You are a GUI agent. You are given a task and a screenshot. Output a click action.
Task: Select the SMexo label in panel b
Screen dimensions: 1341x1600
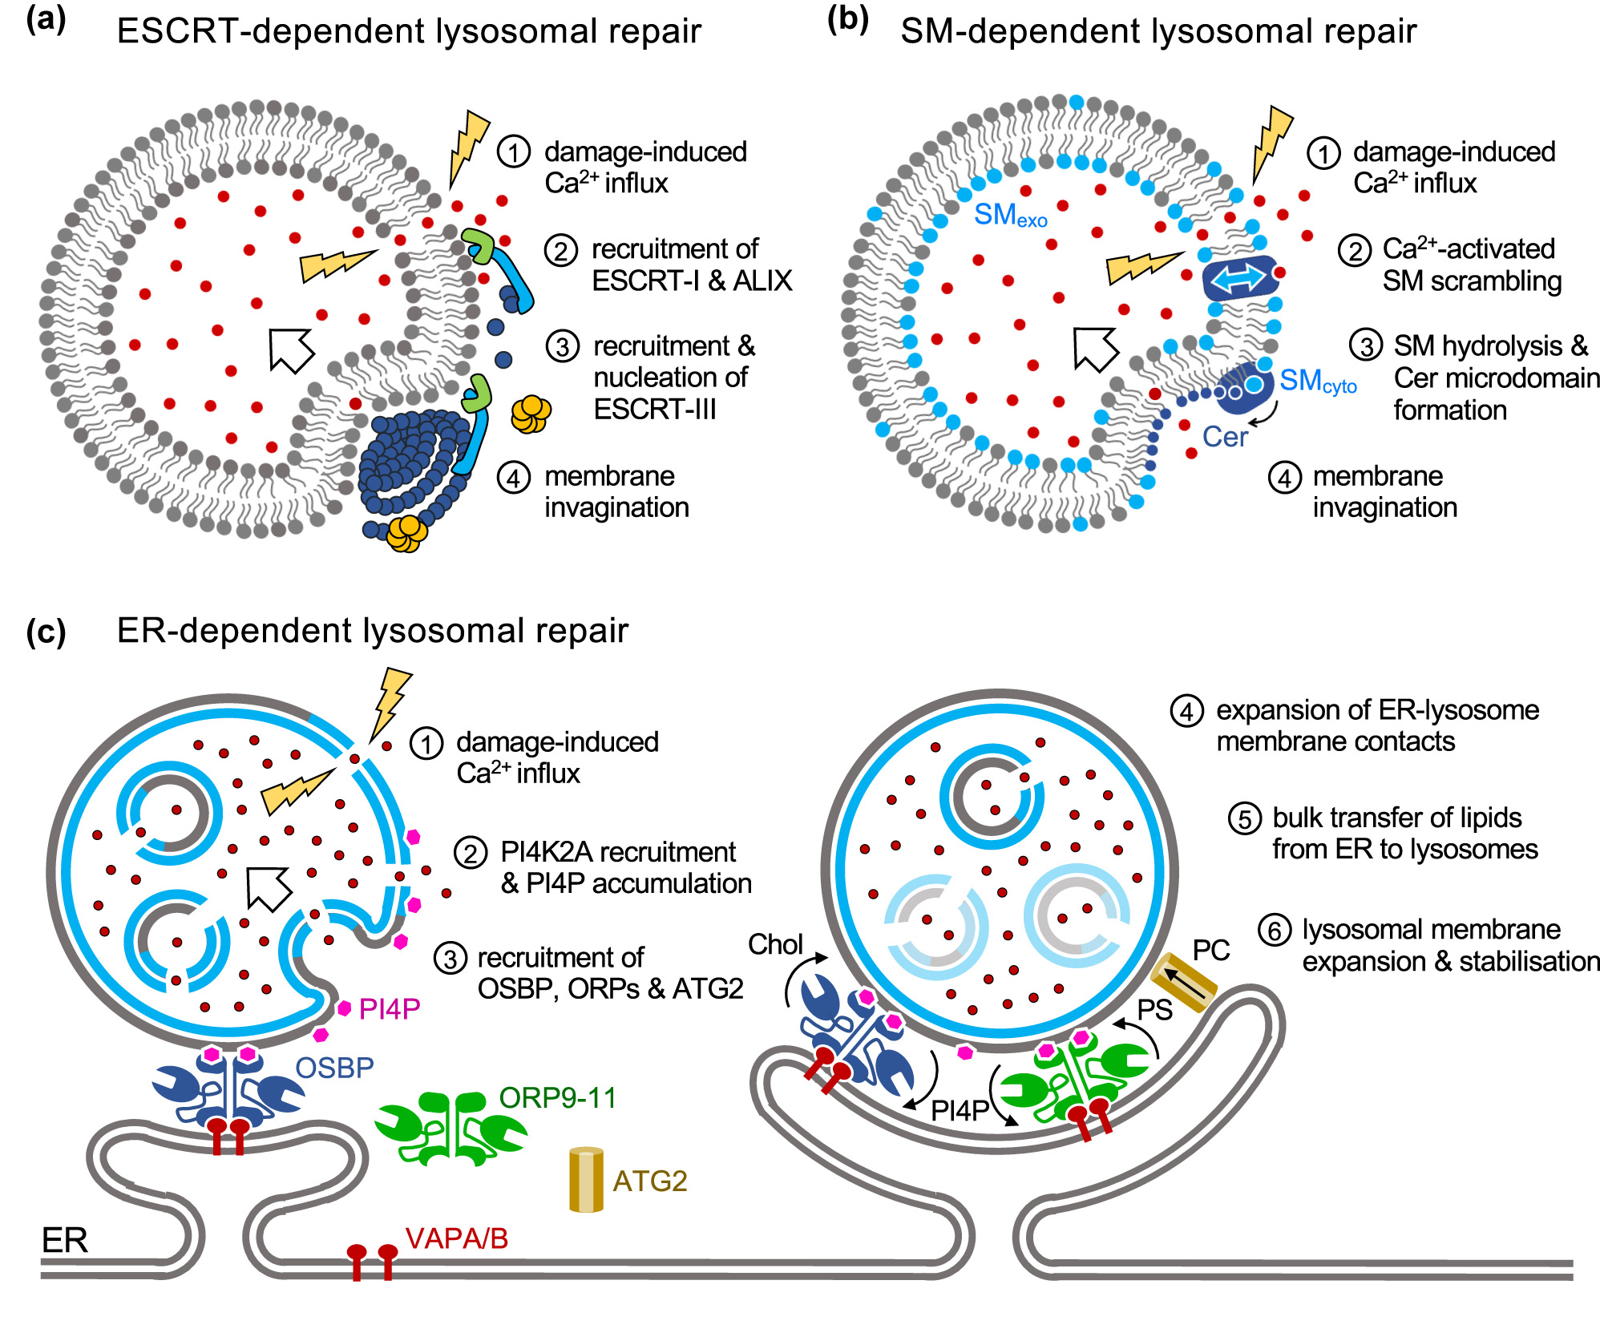tap(1010, 216)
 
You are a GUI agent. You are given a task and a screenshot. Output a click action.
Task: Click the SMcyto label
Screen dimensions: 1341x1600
tap(1317, 382)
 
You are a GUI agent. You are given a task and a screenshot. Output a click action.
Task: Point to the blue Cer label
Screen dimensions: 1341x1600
tap(1224, 437)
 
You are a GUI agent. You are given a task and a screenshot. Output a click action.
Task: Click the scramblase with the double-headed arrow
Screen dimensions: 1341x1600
tap(1239, 279)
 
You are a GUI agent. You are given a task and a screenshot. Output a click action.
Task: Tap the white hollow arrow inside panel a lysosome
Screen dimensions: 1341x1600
tap(291, 349)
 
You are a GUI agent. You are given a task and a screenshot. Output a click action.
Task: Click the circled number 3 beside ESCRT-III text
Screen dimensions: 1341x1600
tap(562, 346)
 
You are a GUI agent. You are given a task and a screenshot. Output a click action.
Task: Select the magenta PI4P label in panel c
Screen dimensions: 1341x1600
tap(389, 1008)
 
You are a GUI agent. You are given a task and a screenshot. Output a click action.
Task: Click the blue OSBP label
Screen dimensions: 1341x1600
tap(334, 1068)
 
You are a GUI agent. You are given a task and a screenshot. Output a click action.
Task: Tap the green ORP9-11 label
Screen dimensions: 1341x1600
tap(558, 1097)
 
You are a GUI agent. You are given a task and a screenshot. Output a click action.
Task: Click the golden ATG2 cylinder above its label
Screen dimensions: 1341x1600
tap(586, 1179)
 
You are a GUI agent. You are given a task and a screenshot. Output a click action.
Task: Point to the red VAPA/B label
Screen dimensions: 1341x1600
tap(456, 1238)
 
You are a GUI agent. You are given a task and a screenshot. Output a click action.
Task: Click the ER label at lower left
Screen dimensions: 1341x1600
tap(64, 1240)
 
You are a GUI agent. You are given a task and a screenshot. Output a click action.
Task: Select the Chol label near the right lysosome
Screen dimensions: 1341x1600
tap(774, 944)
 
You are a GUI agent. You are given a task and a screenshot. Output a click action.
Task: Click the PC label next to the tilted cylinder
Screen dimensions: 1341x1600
tap(1210, 950)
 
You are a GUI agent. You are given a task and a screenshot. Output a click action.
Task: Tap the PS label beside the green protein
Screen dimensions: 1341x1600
tap(1154, 1010)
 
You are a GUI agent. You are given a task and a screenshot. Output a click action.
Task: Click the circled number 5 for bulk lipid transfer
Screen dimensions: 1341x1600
tap(1244, 818)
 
